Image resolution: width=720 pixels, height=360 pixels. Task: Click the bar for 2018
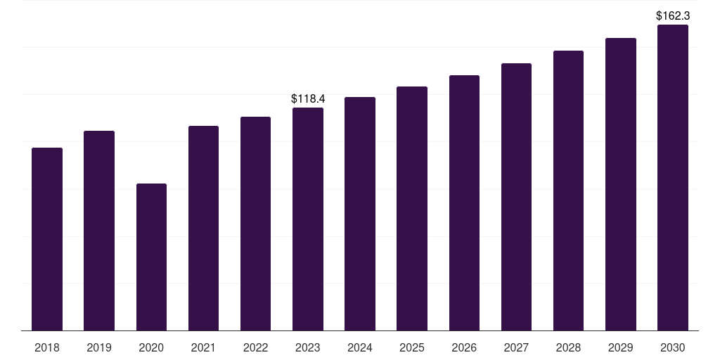pos(47,239)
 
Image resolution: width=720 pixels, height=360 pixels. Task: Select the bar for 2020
pos(151,257)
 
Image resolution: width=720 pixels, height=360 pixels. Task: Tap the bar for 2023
pos(308,219)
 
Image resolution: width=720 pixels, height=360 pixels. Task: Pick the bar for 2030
pos(673,177)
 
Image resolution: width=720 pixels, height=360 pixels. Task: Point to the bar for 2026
pos(464,202)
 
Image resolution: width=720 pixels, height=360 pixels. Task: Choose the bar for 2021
pos(203,228)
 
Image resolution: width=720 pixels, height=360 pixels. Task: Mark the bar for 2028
pos(568,191)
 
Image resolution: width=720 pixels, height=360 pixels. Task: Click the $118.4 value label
pos(308,99)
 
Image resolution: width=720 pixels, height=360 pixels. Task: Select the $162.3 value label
pos(673,15)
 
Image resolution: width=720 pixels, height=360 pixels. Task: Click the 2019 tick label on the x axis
pos(99,347)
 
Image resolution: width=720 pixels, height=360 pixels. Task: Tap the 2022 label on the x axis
pos(255,347)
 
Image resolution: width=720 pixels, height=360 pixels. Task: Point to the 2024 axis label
pos(360,347)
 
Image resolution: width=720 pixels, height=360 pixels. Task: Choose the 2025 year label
pos(412,347)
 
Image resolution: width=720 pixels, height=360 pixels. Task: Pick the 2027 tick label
pos(516,347)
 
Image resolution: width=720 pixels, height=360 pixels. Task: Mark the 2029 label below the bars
pos(621,347)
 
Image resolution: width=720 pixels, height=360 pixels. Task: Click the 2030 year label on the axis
pos(673,347)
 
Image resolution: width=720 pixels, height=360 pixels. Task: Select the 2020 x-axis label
pos(151,347)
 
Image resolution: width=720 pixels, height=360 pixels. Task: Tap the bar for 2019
pos(99,231)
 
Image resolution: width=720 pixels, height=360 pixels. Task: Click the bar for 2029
pos(621,184)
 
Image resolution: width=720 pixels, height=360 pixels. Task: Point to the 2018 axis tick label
pos(47,347)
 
